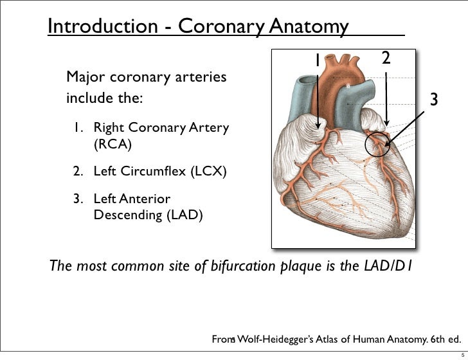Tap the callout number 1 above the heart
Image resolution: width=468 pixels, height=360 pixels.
coord(317,60)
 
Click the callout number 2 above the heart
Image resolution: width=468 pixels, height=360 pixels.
coord(386,59)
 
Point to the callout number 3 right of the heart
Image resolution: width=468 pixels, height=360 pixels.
coord(434,100)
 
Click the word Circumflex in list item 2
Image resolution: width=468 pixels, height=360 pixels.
coord(148,172)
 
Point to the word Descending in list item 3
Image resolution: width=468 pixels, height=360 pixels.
coord(123,215)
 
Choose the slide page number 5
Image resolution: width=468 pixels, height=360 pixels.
coord(455,352)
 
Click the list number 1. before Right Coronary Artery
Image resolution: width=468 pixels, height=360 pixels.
coord(80,129)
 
